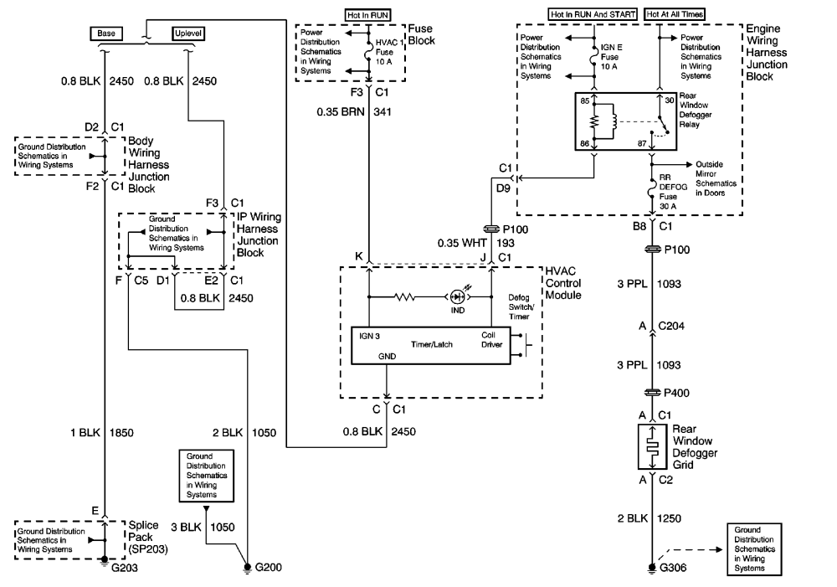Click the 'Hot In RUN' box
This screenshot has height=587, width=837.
coord(367,15)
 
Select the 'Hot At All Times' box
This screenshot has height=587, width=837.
coord(675,14)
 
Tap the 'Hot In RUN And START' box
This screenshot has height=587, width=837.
coord(593,14)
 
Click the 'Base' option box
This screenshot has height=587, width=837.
coord(105,33)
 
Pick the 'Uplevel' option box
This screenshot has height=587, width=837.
coord(188,33)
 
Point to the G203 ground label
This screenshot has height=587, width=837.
coord(125,568)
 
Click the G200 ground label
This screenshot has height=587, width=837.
coord(269,567)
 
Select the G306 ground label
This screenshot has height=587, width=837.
coord(673,568)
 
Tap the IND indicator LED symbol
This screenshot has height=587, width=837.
coord(458,296)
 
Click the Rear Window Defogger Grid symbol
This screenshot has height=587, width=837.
coord(652,446)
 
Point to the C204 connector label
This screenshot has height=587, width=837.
coord(671,326)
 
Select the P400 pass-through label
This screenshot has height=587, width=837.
coord(676,393)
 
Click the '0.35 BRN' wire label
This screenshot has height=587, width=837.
coord(341,112)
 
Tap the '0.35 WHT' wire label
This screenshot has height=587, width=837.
coord(462,244)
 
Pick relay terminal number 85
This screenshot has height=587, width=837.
coord(585,101)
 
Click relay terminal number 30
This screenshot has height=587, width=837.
coord(670,100)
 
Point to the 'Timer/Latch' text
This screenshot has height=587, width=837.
coord(431,344)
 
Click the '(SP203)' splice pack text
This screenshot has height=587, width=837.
coord(148,549)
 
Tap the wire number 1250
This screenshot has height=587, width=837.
coord(669,518)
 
